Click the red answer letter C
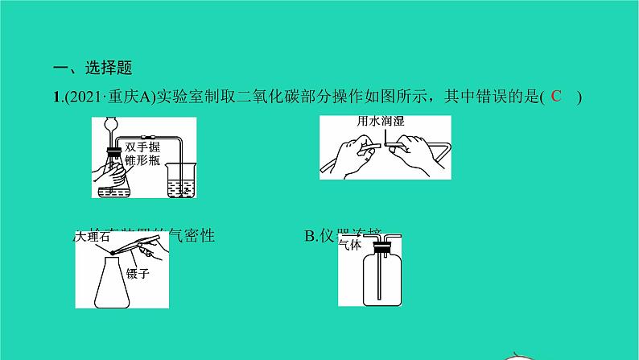[x=555, y=97]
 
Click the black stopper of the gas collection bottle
[x=381, y=250]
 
